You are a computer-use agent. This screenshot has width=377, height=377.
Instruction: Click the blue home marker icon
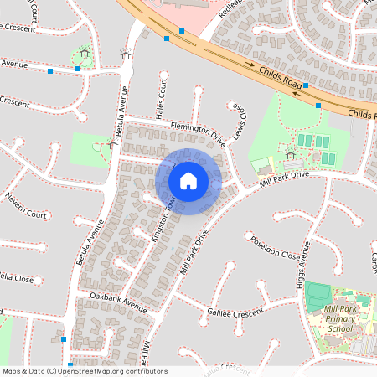[188, 181]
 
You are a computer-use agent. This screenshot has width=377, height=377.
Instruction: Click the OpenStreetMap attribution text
[85, 370]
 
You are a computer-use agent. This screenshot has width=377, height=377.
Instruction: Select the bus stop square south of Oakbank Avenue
[65, 338]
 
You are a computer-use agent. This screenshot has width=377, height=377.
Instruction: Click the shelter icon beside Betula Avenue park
[112, 144]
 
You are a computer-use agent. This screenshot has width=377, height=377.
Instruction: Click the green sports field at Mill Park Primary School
[318, 295]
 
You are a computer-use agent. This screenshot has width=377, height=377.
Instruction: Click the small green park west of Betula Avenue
[90, 149]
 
